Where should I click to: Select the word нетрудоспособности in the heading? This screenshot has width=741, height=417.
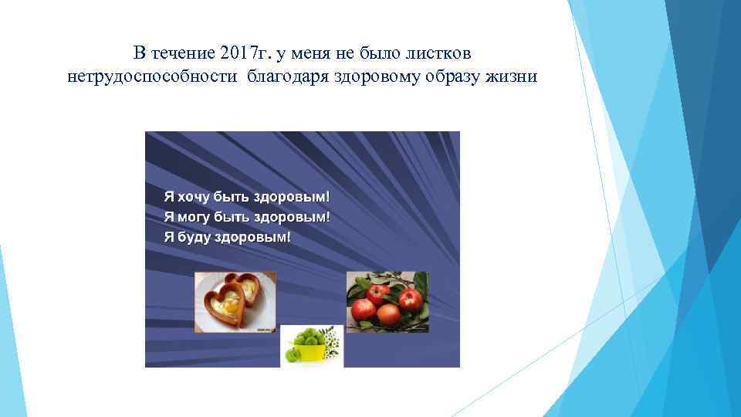pos(154,77)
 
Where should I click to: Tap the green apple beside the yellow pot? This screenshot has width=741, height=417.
pos(293,354)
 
